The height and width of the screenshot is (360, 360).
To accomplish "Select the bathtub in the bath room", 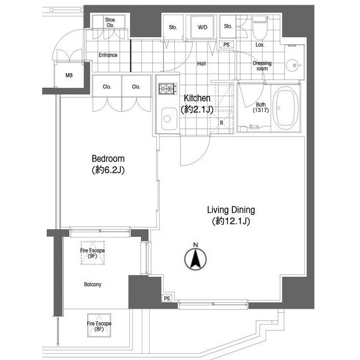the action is pos(286,108).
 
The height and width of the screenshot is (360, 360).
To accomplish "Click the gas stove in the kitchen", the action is pos(168,89).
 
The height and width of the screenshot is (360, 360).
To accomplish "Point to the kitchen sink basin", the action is pos(169,119).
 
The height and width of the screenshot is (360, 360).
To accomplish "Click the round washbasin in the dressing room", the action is pos(294,65).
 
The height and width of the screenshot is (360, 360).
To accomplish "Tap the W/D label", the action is pos(202,28).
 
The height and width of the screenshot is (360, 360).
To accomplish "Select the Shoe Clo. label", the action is pos(110,22).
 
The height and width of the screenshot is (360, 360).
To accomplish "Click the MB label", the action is pos(69,75).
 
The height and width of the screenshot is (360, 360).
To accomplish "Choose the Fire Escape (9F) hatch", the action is pos(92,253).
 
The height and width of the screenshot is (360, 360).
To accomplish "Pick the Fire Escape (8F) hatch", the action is pos(99,326).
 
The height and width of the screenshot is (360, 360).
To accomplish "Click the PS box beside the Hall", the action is pos(226,44).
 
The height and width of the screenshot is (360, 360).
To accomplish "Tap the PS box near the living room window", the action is pos(167,298).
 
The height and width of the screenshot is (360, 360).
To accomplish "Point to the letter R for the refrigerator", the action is pos(221,123).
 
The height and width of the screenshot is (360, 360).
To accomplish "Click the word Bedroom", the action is pos(108,159).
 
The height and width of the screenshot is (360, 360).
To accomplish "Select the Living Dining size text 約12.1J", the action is pos(231,221).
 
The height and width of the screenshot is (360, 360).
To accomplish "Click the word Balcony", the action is pos(92,285).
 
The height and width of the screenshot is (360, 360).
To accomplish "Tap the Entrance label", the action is pos(108,55).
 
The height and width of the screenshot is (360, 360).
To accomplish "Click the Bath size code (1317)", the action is pos(261,110).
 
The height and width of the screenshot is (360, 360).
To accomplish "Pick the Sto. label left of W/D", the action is pos(173,28).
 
